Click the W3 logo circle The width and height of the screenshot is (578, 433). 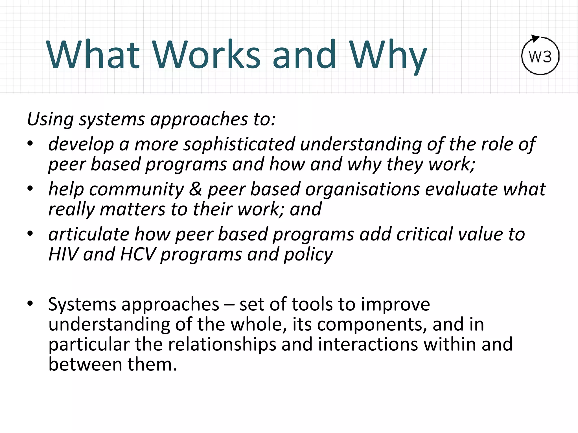pos(540,56)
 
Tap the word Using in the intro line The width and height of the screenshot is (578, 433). pos(50,119)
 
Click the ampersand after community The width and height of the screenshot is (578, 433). pos(195,189)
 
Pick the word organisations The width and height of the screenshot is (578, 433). pos(362,189)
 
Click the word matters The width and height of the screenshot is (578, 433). pos(132,209)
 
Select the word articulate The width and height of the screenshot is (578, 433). pos(89,234)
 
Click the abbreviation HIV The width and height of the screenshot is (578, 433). pos(63,254)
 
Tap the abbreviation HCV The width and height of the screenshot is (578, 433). pos(138,254)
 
